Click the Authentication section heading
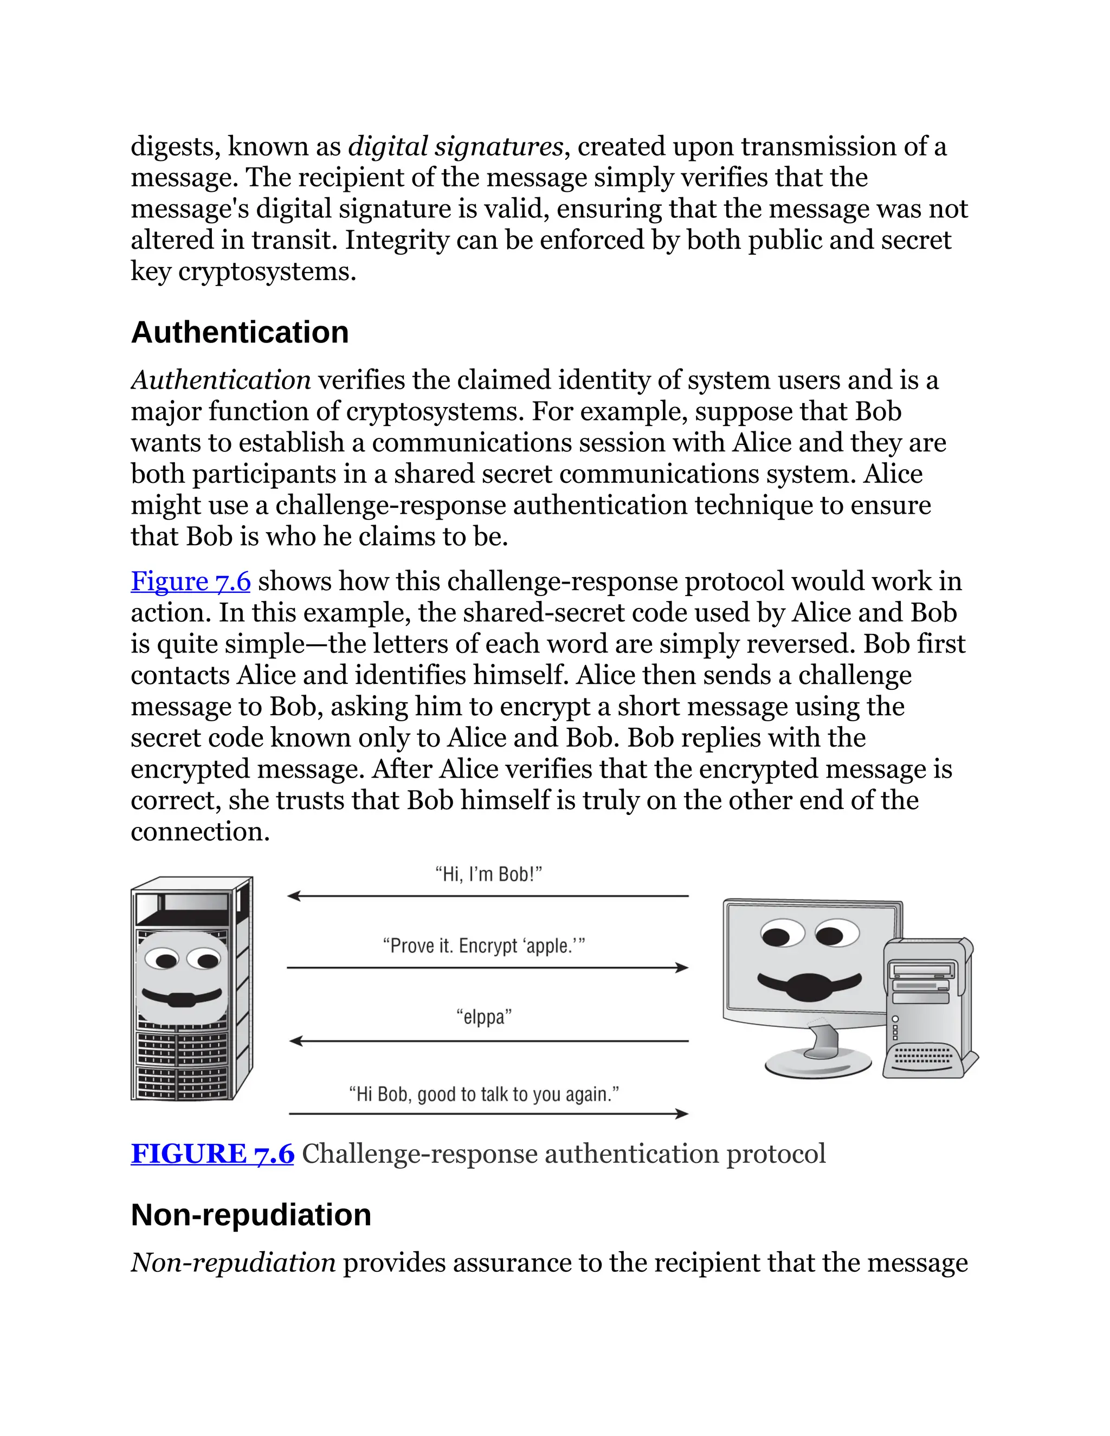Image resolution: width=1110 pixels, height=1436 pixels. pyautogui.click(x=240, y=333)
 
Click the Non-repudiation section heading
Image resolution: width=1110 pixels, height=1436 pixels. pyautogui.click(x=250, y=1214)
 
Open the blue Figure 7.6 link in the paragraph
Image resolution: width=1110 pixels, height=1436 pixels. pyautogui.click(x=191, y=581)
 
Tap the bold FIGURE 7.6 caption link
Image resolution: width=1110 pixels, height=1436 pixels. pyautogui.click(x=212, y=1154)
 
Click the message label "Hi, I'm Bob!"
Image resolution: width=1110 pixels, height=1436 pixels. pyautogui.click(x=488, y=875)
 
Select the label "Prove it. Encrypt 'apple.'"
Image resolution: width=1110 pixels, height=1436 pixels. pyautogui.click(x=484, y=946)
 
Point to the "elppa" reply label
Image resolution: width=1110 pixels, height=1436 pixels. pyautogui.click(x=484, y=1017)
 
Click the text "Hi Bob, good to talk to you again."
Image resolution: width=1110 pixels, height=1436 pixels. pyautogui.click(x=484, y=1094)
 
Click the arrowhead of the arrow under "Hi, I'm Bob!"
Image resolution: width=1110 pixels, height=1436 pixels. pyautogui.click(x=293, y=896)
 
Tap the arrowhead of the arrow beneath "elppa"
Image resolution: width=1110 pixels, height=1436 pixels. pyautogui.click(x=295, y=1041)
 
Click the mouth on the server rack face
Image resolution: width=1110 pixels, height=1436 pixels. pyautogui.click(x=182, y=998)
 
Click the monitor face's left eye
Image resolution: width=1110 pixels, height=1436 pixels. pyautogui.click(x=778, y=936)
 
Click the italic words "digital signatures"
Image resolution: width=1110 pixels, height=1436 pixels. pyautogui.click(x=456, y=146)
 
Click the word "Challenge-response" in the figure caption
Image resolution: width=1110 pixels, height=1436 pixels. pyautogui.click(x=420, y=1154)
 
